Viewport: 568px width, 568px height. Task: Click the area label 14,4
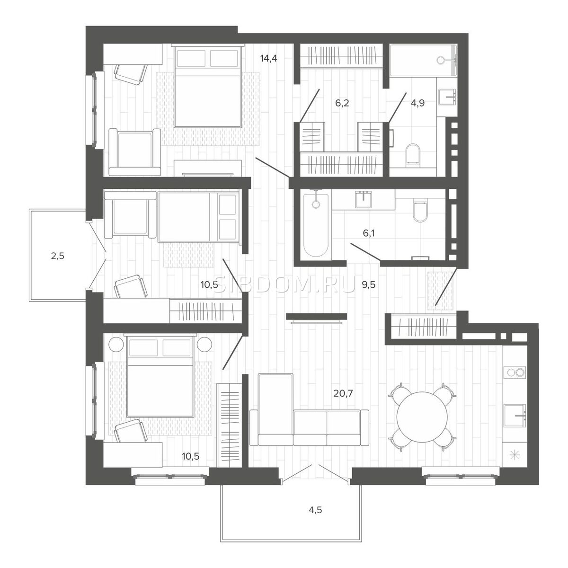[268, 58]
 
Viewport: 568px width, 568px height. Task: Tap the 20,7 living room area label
[343, 393]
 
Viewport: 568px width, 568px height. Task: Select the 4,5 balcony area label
[315, 518]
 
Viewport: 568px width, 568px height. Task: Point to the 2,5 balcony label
[57, 256]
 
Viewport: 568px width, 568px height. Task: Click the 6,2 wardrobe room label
[342, 103]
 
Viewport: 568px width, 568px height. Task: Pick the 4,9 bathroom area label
[418, 103]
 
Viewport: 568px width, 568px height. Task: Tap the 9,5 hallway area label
[369, 285]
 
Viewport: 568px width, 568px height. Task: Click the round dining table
[423, 416]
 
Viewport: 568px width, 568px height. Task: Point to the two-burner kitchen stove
[515, 372]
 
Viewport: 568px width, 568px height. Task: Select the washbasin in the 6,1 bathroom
[364, 199]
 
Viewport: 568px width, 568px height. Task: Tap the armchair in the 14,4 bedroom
[135, 152]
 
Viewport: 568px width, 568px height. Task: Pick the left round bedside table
[116, 344]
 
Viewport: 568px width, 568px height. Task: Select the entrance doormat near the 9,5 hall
[440, 291]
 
